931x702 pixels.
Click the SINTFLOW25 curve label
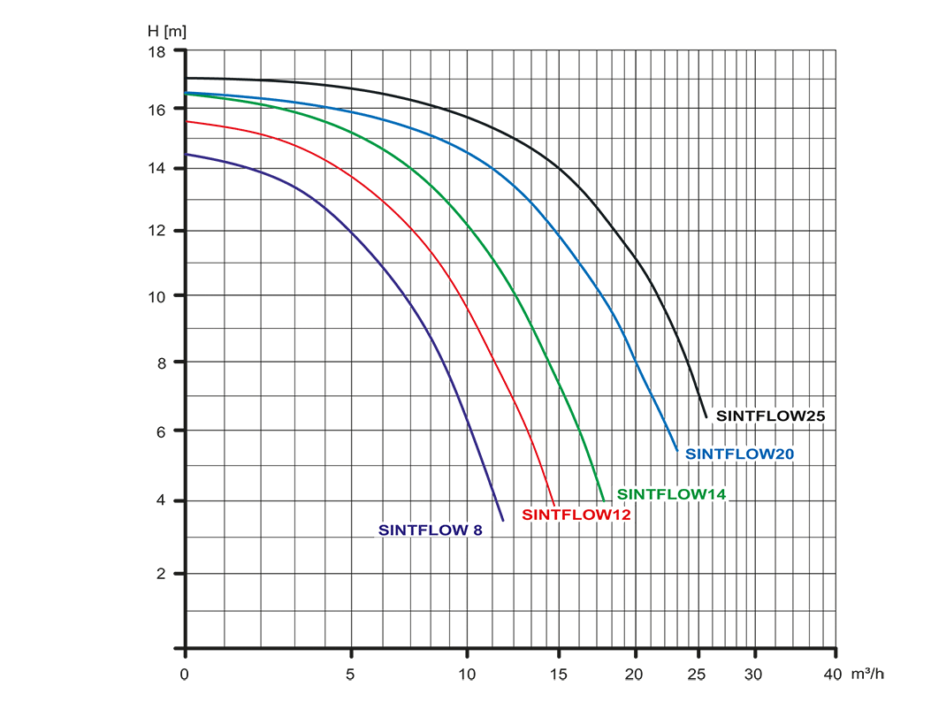click(771, 415)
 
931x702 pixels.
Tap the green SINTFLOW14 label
click(671, 494)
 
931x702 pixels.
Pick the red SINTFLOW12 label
click(576, 515)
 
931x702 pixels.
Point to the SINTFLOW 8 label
click(431, 530)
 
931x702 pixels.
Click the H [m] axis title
click(167, 31)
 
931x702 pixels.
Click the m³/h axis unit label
click(867, 675)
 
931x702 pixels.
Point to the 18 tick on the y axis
click(156, 51)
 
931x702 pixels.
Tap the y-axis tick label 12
click(156, 232)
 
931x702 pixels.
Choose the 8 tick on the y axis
click(161, 362)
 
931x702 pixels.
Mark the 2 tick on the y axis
click(161, 574)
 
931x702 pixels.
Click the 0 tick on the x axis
click(185, 675)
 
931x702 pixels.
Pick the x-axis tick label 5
click(351, 675)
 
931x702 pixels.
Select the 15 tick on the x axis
click(559, 675)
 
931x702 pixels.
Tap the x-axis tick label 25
click(698, 675)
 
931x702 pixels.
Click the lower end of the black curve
click(706, 416)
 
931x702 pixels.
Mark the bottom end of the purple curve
click(502, 520)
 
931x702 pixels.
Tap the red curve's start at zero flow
click(187, 122)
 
